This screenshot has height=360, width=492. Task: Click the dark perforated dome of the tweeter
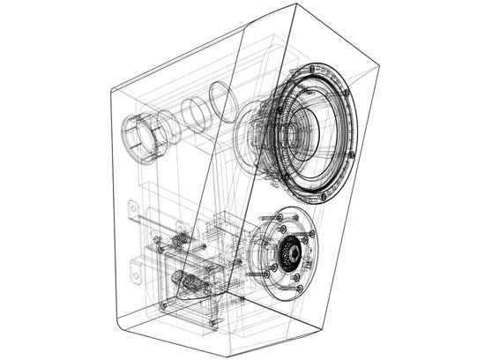288,255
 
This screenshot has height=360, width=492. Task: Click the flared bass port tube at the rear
141,137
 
